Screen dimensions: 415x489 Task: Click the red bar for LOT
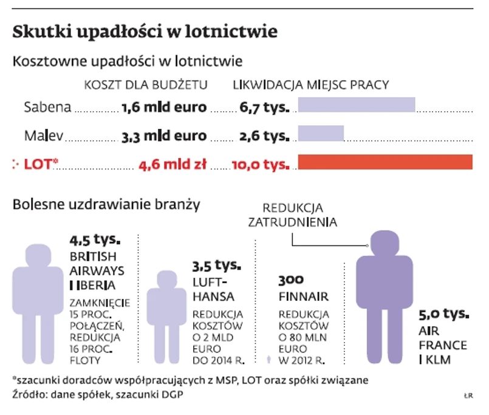point(385,162)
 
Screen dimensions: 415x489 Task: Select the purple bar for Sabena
point(356,105)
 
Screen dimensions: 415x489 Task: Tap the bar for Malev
point(320,133)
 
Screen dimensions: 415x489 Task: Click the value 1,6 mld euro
point(164,108)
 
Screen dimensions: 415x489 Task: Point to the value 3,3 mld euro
point(164,136)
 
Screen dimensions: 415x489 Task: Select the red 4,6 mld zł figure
point(173,164)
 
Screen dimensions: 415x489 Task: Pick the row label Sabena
point(47,108)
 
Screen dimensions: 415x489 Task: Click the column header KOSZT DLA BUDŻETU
point(146,85)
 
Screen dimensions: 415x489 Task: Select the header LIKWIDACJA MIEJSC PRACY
point(311,85)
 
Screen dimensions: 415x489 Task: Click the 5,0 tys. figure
point(444,314)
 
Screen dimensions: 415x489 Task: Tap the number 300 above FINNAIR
point(290,281)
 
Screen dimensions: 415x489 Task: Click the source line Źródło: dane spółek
point(97,395)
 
